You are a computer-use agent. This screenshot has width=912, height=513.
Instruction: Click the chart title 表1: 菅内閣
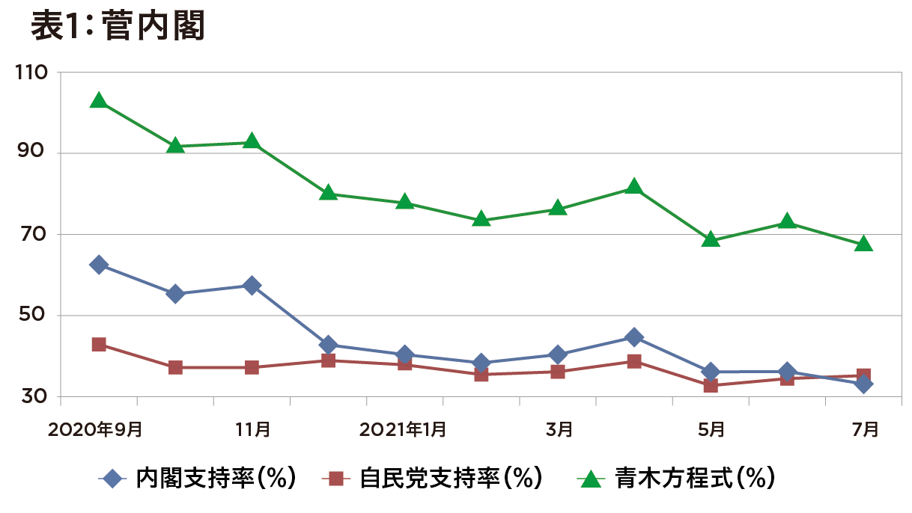pyautogui.click(x=118, y=28)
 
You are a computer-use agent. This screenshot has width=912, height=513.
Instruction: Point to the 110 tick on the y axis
pyautogui.click(x=31, y=73)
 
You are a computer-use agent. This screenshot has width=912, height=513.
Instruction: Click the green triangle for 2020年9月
pyautogui.click(x=98, y=101)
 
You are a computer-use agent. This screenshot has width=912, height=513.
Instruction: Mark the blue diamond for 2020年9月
pyautogui.click(x=98, y=265)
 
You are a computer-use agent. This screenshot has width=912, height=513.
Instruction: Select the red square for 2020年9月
pyautogui.click(x=98, y=345)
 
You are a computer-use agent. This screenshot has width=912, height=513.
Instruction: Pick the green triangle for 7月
pyautogui.click(x=863, y=245)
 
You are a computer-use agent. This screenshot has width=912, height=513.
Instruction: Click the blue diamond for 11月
pyautogui.click(x=252, y=286)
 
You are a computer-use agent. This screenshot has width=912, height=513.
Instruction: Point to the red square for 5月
pyautogui.click(x=711, y=386)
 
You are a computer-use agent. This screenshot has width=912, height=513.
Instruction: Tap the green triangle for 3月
pyautogui.click(x=558, y=209)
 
